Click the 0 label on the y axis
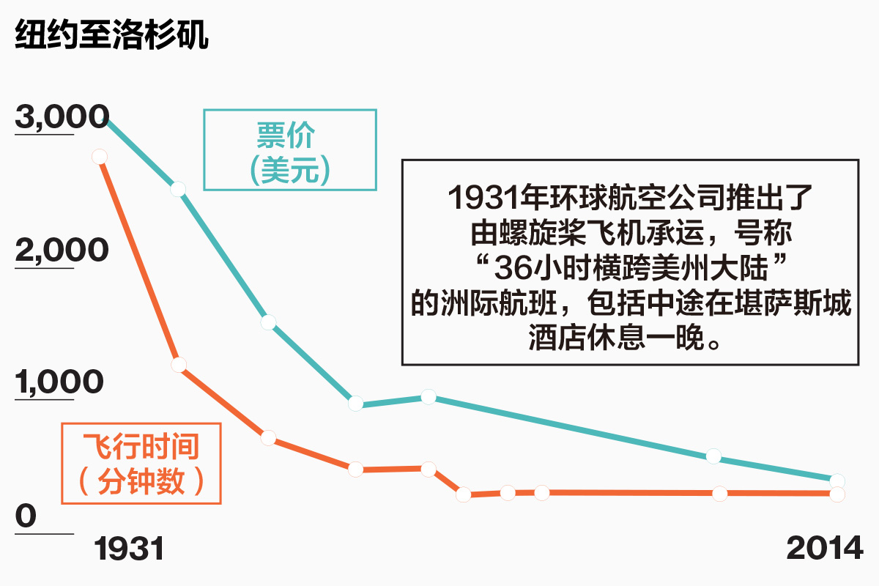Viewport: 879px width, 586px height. tap(26, 516)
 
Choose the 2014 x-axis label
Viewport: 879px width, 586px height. tap(825, 549)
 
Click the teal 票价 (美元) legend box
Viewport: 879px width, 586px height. tap(289, 150)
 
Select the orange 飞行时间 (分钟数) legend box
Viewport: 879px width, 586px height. tap(141, 464)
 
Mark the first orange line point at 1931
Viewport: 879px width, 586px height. tap(100, 157)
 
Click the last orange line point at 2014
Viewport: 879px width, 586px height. tap(837, 494)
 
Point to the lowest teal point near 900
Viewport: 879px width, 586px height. tap(356, 404)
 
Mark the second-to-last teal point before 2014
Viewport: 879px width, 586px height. tap(714, 456)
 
